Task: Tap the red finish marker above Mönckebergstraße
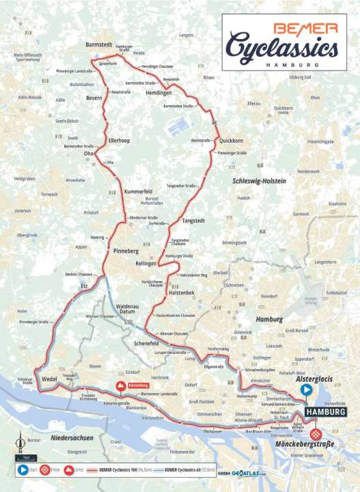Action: tap(316, 434)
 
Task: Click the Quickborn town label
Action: tap(234, 141)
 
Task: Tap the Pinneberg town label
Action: tap(127, 251)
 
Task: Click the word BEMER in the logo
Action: tap(305, 28)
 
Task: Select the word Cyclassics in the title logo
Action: tap(281, 49)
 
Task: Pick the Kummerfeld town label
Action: tap(138, 192)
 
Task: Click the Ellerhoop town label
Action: tap(120, 141)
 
